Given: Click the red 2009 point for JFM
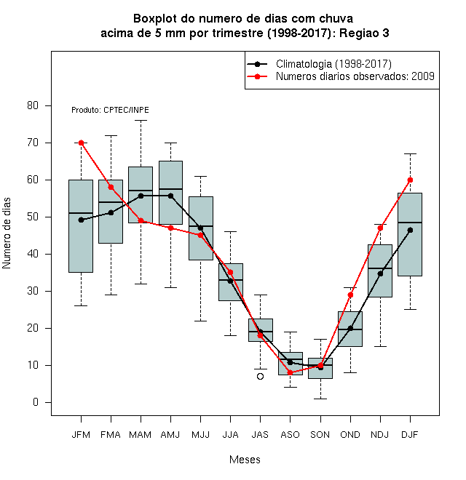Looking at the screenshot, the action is (81, 143).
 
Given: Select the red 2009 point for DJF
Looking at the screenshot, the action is (410, 180).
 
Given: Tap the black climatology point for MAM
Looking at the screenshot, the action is (141, 196).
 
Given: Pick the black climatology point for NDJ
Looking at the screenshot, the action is (381, 273).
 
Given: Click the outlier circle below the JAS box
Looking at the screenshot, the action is (260, 376).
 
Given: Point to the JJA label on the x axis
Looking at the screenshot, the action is (230, 435).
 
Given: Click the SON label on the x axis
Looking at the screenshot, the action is (320, 435).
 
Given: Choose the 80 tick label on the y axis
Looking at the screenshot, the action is (33, 105).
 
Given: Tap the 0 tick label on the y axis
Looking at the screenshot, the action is (36, 402).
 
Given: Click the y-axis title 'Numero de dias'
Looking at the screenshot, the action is (7, 233).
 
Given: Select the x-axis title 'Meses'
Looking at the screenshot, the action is (245, 460).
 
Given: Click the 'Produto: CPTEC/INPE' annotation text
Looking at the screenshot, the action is (110, 110).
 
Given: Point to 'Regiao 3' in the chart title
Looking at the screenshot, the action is (364, 33).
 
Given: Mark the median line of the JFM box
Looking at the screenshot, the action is (81, 213).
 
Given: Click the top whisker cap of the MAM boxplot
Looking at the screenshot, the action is (141, 121).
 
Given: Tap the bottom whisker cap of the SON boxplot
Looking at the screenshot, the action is (320, 399).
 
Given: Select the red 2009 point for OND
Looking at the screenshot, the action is (350, 295).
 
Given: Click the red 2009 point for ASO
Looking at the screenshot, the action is (290, 372).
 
